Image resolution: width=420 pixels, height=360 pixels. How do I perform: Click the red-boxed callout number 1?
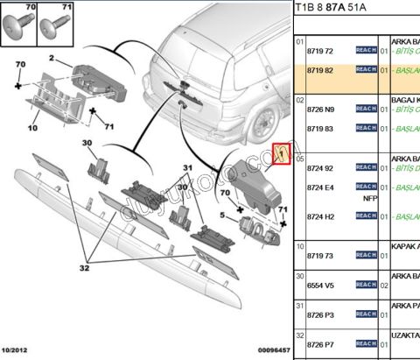(x=281, y=154)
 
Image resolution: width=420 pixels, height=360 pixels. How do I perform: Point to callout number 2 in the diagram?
(x=52, y=60)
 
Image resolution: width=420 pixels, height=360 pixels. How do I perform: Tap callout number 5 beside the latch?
(x=223, y=214)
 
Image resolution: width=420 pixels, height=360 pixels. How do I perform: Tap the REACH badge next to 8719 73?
(x=365, y=255)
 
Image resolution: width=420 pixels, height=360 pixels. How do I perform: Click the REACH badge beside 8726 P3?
(x=365, y=314)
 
